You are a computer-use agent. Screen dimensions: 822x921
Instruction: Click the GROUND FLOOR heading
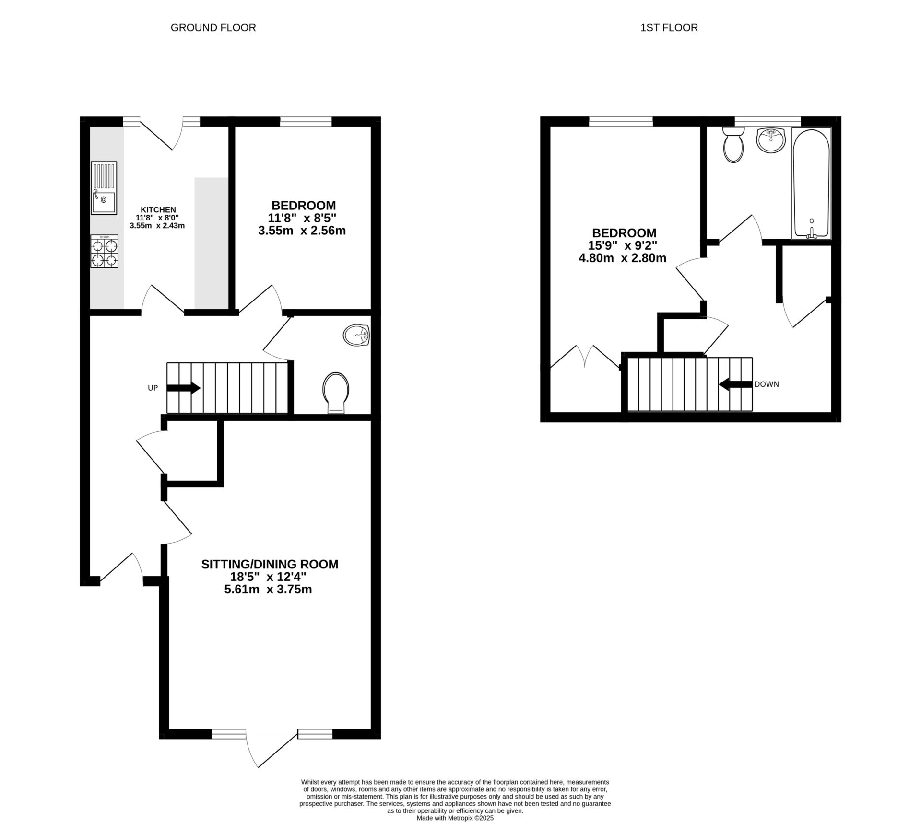tap(213, 28)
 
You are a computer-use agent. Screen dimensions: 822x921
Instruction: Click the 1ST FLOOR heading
tap(669, 28)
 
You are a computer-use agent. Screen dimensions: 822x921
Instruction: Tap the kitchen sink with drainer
tap(104, 188)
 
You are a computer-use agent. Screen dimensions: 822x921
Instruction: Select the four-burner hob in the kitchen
tap(105, 252)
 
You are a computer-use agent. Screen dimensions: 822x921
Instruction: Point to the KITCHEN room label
tap(158, 209)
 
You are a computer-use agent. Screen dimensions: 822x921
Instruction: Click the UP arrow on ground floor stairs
tap(184, 388)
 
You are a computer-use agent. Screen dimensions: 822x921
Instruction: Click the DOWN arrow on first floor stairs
tap(735, 384)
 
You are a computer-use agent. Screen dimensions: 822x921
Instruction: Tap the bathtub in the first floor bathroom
tap(811, 183)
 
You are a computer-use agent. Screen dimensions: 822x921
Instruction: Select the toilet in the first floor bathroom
tap(733, 145)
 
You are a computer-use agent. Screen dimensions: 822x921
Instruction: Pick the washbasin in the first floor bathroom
tap(771, 140)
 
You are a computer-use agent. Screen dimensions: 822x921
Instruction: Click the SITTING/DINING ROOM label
tap(270, 564)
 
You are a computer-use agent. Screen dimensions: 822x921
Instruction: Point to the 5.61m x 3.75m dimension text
tap(268, 589)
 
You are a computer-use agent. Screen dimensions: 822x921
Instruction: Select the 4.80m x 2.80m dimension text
tap(623, 258)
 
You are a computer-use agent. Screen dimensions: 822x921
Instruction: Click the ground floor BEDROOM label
tap(304, 205)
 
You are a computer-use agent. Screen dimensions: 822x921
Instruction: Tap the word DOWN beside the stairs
tap(767, 384)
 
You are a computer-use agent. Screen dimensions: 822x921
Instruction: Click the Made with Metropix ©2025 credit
tap(455, 818)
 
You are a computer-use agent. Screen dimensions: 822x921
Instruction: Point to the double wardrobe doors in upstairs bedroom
tap(585, 357)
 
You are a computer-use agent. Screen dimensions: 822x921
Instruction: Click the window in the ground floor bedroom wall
tap(306, 122)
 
